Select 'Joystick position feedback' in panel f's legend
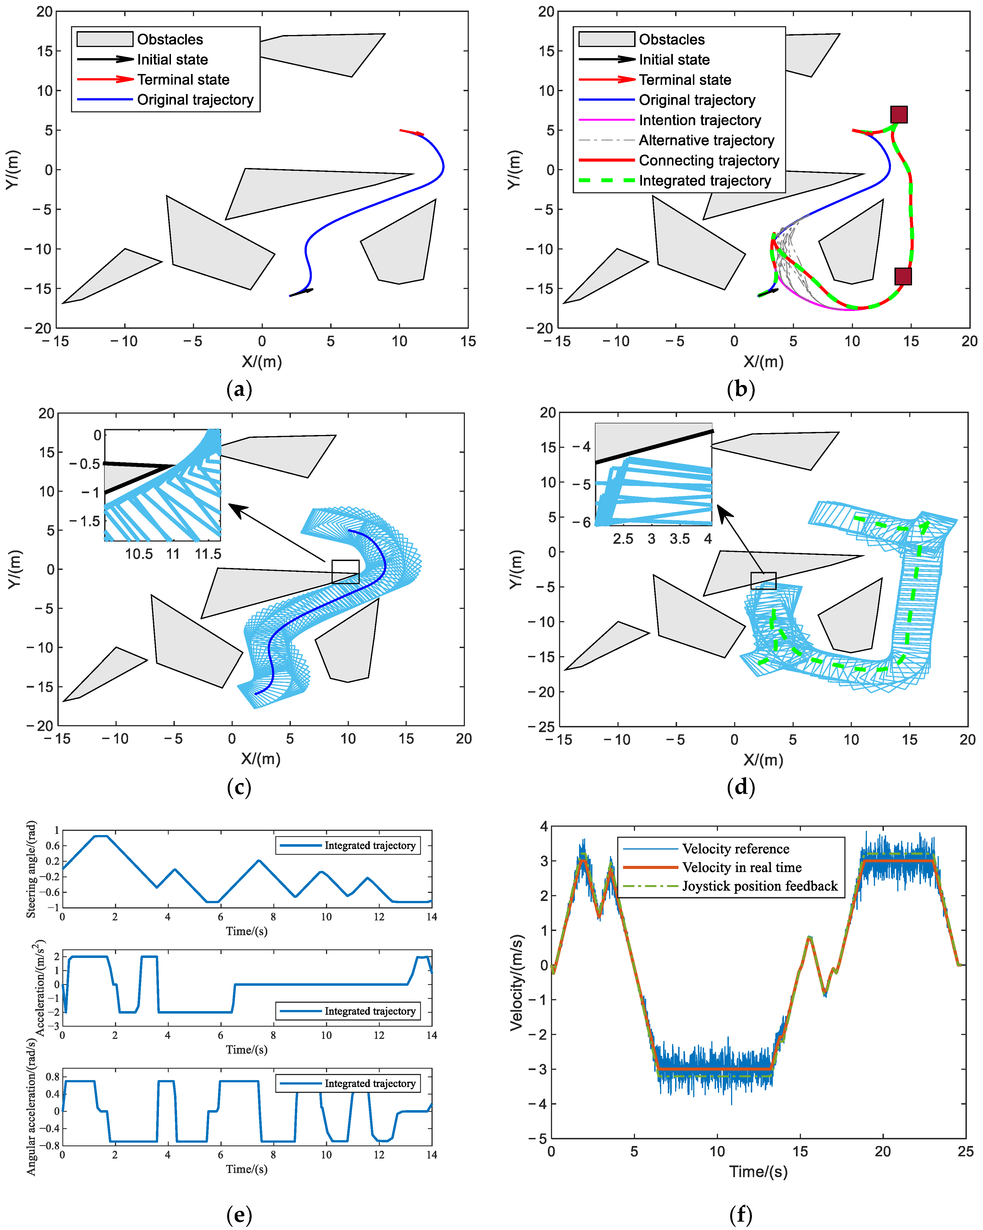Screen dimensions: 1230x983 pyautogui.click(x=759, y=886)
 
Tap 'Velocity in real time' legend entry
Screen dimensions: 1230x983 pyautogui.click(x=742, y=868)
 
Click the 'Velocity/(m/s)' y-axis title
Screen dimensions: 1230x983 pyautogui.click(x=517, y=982)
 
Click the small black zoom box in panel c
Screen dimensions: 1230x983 pyautogui.click(x=345, y=572)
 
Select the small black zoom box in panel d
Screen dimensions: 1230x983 pyautogui.click(x=763, y=581)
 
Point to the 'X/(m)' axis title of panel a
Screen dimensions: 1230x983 pyautogui.click(x=261, y=362)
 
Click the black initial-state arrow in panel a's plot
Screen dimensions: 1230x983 pyautogui.click(x=301, y=292)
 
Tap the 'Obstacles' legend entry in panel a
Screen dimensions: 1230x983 pyautogui.click(x=170, y=39)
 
